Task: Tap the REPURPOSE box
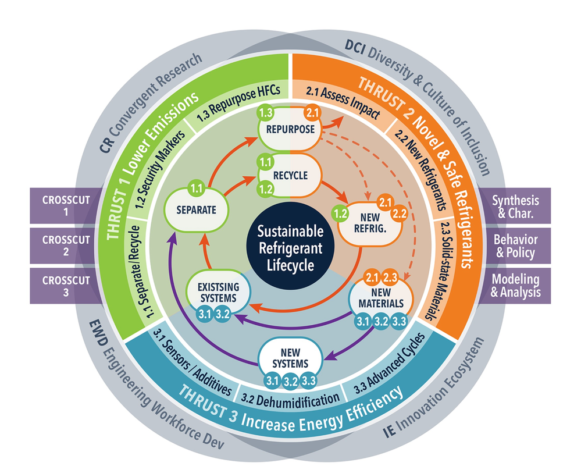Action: click(x=290, y=129)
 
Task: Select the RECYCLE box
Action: click(x=290, y=175)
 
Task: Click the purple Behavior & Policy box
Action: click(x=515, y=246)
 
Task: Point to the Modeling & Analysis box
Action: click(x=515, y=286)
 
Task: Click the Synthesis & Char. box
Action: click(x=515, y=206)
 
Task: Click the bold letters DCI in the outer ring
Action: click(x=355, y=44)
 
